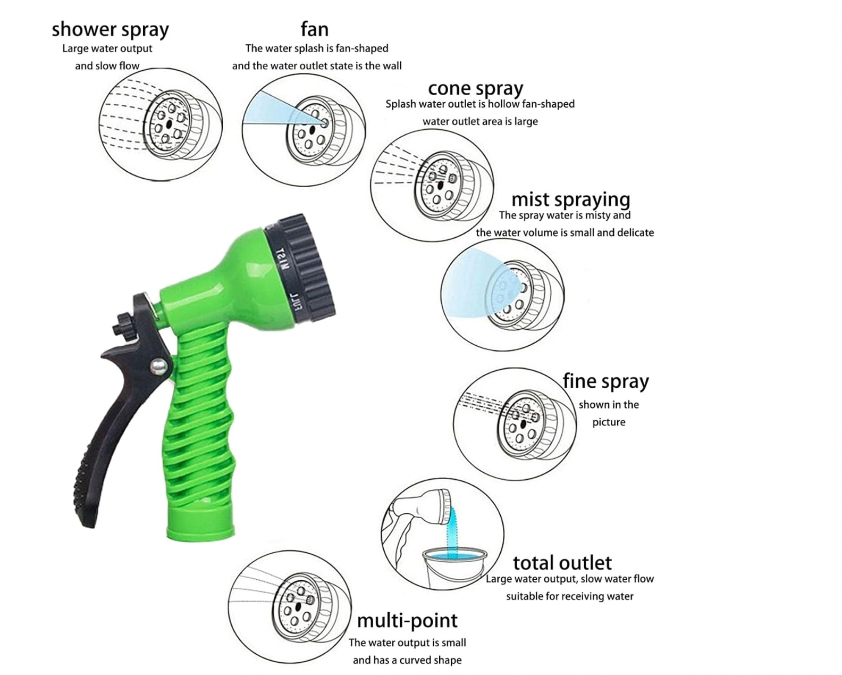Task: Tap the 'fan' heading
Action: pyautogui.click(x=314, y=29)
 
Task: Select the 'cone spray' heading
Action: pyautogui.click(x=475, y=89)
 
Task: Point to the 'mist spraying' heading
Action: pyautogui.click(x=571, y=199)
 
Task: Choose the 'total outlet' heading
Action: pyautogui.click(x=562, y=563)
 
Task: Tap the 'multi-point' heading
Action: pyautogui.click(x=407, y=621)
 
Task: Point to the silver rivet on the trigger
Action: pyautogui.click(x=158, y=367)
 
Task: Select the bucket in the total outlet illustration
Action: pyautogui.click(x=454, y=568)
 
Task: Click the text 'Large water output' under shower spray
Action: pyautogui.click(x=107, y=49)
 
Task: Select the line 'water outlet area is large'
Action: pyautogui.click(x=480, y=121)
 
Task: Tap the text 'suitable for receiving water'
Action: pyautogui.click(x=570, y=596)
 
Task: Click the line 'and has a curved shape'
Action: pyautogui.click(x=407, y=660)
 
